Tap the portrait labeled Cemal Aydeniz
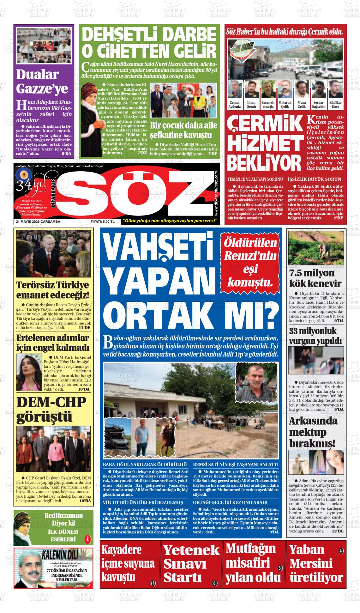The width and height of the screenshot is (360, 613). (x=234, y=89)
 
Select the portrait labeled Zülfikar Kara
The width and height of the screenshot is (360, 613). (x=336, y=89)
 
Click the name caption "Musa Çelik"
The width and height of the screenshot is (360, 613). (x=302, y=105)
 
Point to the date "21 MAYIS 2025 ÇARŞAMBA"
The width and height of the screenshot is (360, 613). (x=38, y=222)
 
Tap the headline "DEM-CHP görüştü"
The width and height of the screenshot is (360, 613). (x=51, y=410)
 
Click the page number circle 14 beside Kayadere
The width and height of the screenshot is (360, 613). (x=153, y=583)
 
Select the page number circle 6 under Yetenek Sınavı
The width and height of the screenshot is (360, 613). (x=215, y=583)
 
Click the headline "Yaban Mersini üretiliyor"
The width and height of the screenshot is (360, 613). (x=316, y=566)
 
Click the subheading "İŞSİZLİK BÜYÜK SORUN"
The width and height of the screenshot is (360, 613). (x=315, y=179)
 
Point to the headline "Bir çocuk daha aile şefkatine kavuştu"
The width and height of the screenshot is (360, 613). (x=183, y=130)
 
